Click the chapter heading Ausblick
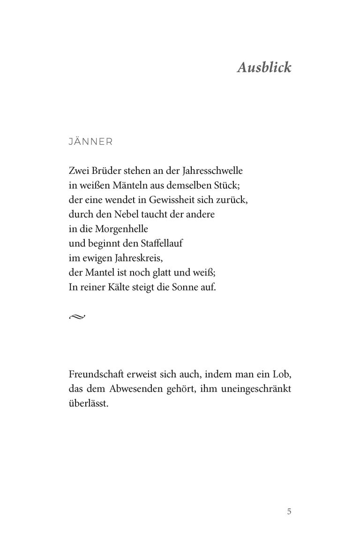(x=264, y=67)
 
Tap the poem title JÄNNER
(x=90, y=142)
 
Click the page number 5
(x=289, y=511)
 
